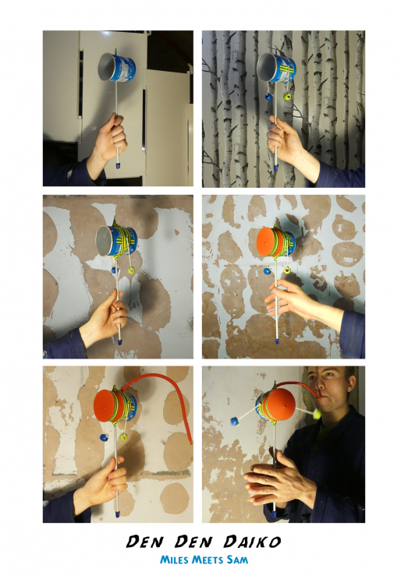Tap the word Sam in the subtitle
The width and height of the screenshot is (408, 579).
[237, 560]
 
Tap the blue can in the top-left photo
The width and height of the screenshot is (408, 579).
[117, 68]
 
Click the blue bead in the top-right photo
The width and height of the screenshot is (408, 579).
[268, 97]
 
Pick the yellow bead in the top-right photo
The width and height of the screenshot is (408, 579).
[287, 97]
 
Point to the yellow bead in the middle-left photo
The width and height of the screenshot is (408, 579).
[131, 270]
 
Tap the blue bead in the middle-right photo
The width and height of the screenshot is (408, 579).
[267, 271]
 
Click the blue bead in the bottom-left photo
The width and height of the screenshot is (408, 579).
[104, 437]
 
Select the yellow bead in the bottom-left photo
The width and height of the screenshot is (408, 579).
[123, 438]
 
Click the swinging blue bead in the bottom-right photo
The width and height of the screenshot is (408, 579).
[234, 421]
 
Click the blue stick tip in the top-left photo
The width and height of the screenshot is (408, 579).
[118, 165]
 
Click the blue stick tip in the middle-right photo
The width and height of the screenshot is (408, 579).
[276, 341]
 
